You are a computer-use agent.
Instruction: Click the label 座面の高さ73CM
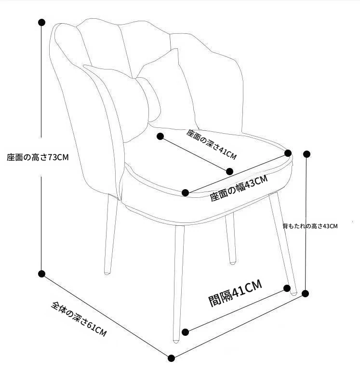pyautogui.click(x=38, y=157)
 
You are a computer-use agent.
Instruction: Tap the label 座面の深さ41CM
pyautogui.click(x=212, y=144)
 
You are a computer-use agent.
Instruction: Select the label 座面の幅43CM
pyautogui.click(x=239, y=188)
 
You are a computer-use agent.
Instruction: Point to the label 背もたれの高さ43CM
pyautogui.click(x=310, y=226)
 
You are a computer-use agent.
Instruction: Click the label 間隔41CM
pyautogui.click(x=235, y=293)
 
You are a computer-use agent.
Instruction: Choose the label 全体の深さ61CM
pyautogui.click(x=79, y=319)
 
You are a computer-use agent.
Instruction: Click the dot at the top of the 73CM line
pyautogui.click(x=41, y=22)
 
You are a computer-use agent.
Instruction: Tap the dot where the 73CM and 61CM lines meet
pyautogui.click(x=41, y=274)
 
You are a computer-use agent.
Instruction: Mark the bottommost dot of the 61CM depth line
pyautogui.click(x=171, y=358)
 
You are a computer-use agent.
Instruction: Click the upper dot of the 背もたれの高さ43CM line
pyautogui.click(x=307, y=154)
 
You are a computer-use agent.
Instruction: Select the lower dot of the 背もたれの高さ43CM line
pyautogui.click(x=306, y=293)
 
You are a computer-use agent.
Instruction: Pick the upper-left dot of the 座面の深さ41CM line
pyautogui.click(x=160, y=136)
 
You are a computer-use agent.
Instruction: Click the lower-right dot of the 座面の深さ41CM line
pyautogui.click(x=229, y=171)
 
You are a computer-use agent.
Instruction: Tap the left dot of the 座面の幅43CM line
pyautogui.click(x=186, y=193)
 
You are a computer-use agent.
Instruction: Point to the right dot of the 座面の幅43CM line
pyautogui.click(x=288, y=153)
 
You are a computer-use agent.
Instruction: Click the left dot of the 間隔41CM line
pyautogui.click(x=186, y=332)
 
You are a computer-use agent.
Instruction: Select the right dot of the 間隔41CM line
pyautogui.click(x=287, y=288)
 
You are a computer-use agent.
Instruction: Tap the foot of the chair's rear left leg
pyautogui.click(x=107, y=273)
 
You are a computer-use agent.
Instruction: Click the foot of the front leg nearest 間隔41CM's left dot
pyautogui.click(x=176, y=341)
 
